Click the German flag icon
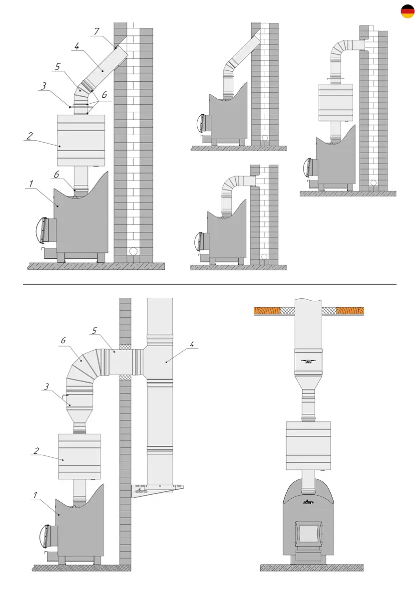[x=408, y=12]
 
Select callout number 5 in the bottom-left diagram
[x=94, y=330]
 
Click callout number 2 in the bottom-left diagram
[x=36, y=450]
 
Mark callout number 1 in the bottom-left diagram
[x=35, y=495]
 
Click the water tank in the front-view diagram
[x=308, y=446]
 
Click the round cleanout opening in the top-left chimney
[x=133, y=251]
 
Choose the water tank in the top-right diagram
[x=335, y=103]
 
